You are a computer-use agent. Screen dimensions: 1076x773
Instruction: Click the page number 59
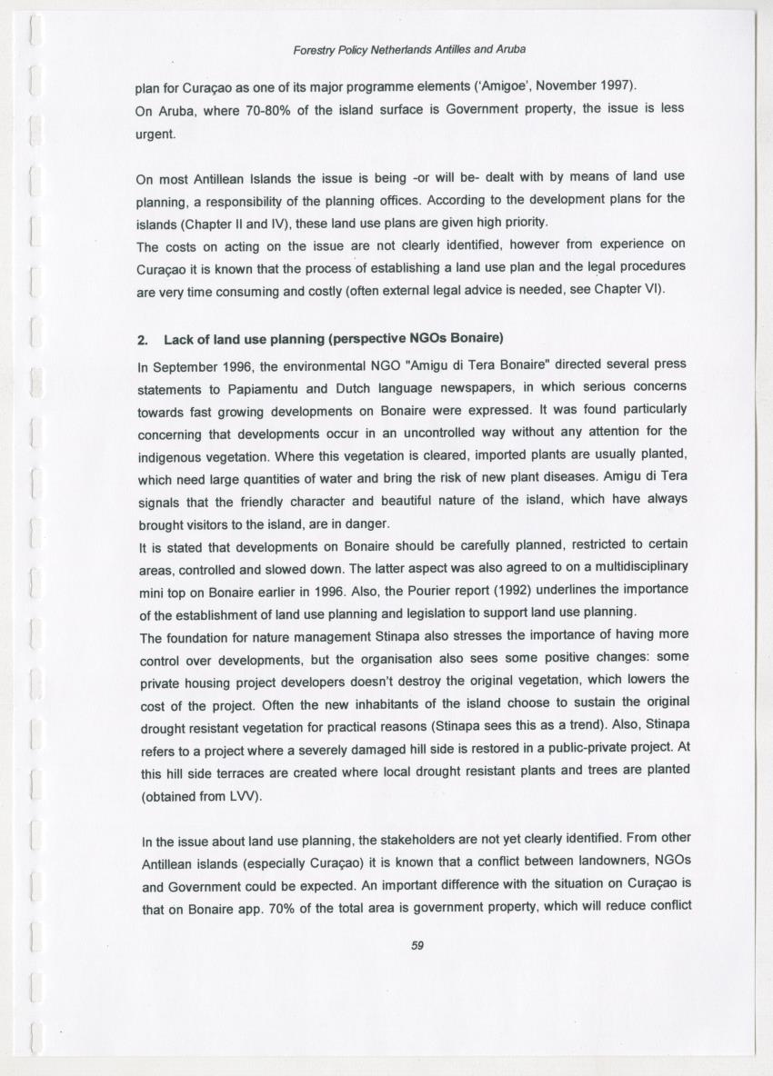click(417, 945)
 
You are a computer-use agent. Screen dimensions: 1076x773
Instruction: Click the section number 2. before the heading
click(142, 340)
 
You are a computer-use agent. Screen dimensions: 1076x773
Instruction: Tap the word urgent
click(155, 133)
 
